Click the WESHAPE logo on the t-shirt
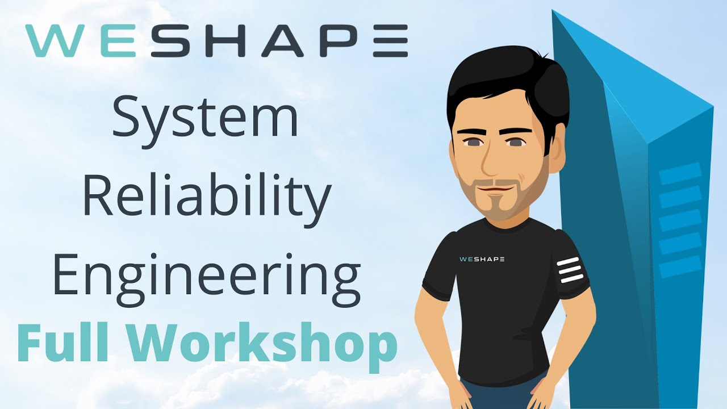click(x=481, y=259)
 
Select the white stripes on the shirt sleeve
click(x=570, y=270)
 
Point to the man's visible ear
click(x=555, y=153)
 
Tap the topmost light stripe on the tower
click(x=680, y=172)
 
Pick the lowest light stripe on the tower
click(x=680, y=266)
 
